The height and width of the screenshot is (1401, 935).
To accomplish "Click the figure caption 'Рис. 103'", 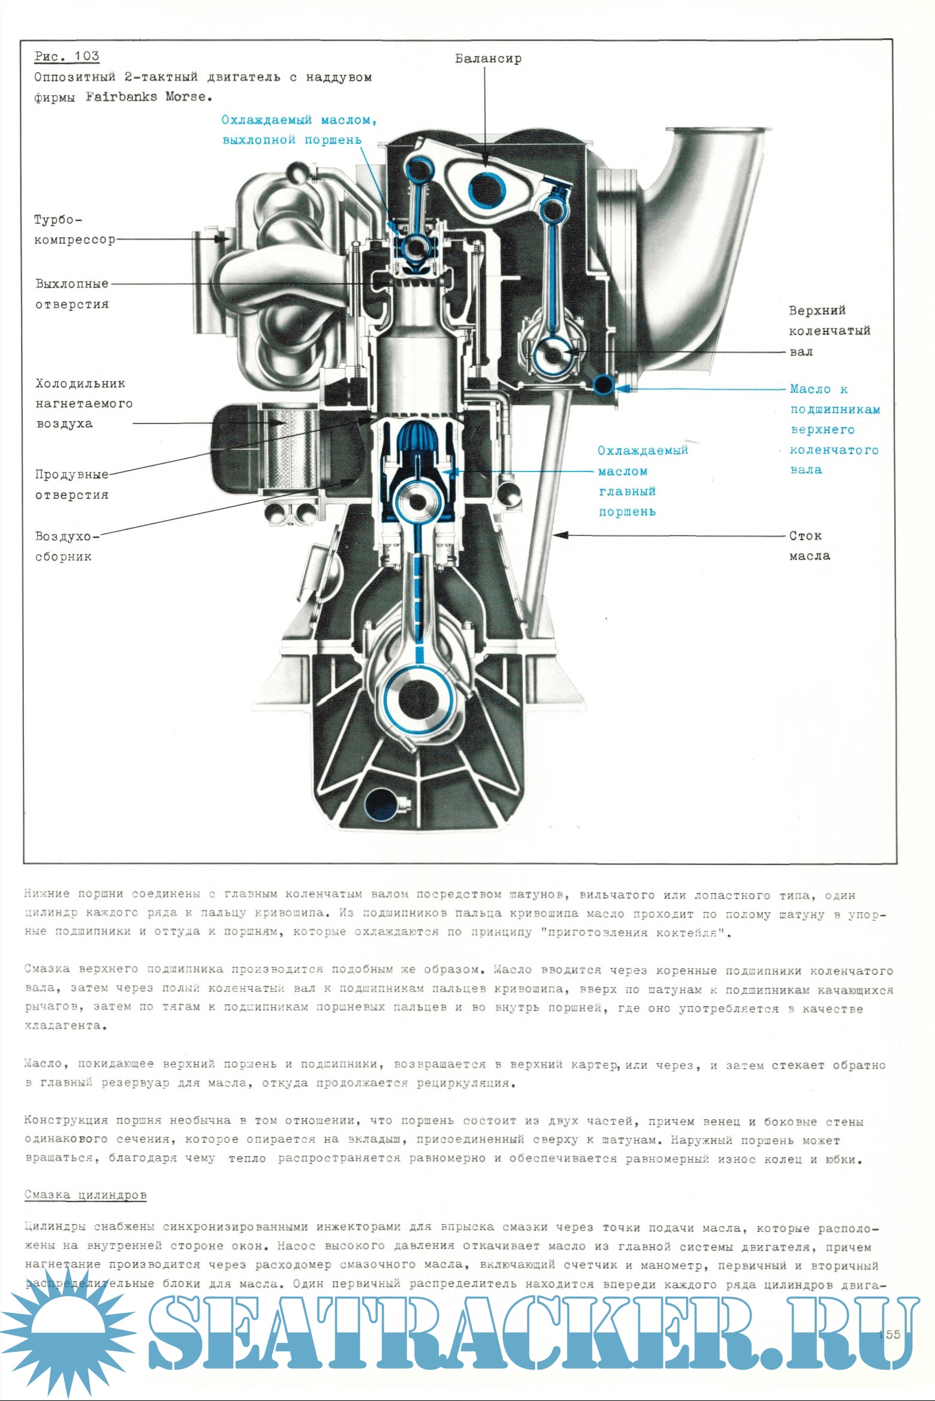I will (67, 56).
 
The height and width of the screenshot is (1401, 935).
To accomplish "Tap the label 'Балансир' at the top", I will (488, 59).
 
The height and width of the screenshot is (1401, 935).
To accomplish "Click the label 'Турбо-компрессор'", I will (74, 229).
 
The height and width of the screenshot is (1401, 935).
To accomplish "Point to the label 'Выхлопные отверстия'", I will (72, 293).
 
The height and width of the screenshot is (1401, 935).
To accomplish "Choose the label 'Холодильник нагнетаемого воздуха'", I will (83, 403).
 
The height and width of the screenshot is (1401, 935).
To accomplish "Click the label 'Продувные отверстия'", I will (72, 484).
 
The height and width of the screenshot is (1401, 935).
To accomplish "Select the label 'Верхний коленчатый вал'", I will (828, 331).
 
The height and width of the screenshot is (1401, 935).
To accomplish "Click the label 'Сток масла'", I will (809, 546).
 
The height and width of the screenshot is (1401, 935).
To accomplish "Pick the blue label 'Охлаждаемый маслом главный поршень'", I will (642, 481).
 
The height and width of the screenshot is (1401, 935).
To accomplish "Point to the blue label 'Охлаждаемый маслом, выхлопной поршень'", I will (298, 129).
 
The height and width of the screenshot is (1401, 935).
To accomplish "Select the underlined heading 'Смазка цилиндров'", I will (86, 1195).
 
